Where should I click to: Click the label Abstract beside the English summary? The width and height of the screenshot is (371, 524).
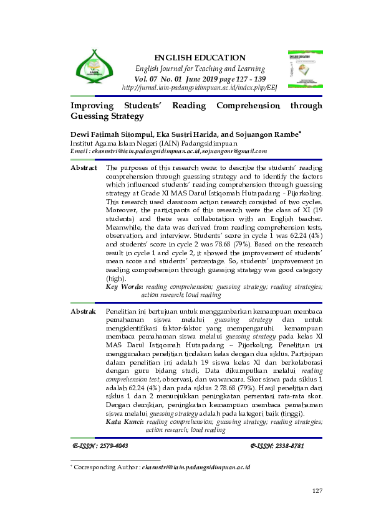(x=84, y=168)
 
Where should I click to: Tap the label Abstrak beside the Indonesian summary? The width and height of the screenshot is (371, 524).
(x=83, y=311)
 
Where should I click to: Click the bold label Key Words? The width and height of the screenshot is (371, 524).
(x=125, y=287)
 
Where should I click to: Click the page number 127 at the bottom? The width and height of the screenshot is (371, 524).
(x=317, y=491)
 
